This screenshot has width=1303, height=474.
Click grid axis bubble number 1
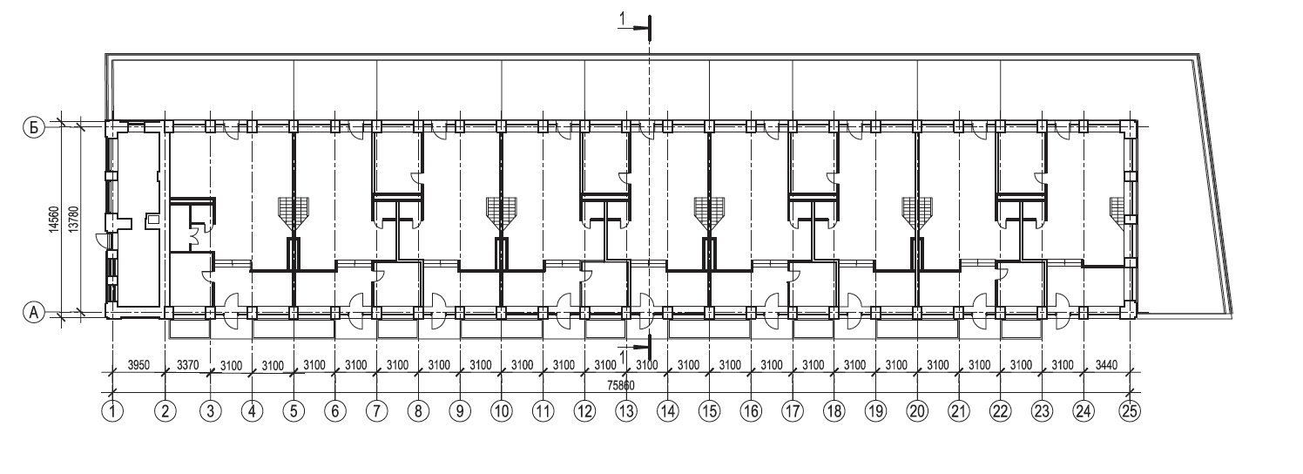(112, 410)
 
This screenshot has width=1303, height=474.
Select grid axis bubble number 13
(625, 410)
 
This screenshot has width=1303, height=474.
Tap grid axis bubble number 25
(1130, 410)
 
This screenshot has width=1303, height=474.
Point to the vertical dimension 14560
(53, 218)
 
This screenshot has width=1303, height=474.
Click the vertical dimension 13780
(73, 218)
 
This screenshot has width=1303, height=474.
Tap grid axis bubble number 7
(376, 410)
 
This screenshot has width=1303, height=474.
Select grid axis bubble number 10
(501, 410)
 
